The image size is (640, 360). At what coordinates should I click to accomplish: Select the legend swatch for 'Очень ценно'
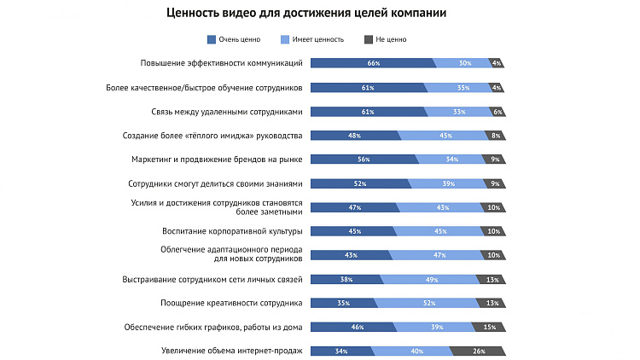(x=212, y=39)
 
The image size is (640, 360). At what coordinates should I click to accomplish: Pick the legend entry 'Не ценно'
(x=390, y=39)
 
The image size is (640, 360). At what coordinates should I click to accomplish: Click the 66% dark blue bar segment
(x=373, y=63)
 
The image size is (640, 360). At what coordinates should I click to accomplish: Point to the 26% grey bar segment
(x=478, y=350)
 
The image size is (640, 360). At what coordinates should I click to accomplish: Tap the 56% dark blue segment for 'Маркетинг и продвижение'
(x=364, y=159)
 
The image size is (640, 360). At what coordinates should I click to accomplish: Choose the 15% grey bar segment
(x=489, y=326)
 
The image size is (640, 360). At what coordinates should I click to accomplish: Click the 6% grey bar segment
(x=497, y=111)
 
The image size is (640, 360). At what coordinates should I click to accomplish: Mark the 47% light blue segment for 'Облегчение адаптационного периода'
(x=439, y=254)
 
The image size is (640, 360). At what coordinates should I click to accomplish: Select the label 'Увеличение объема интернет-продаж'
(x=232, y=350)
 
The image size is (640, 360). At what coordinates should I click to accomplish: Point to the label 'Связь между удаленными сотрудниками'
(x=227, y=111)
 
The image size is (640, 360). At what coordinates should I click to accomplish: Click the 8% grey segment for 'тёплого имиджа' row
(x=496, y=135)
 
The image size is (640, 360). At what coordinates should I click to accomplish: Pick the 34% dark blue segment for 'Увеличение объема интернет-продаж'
(x=341, y=350)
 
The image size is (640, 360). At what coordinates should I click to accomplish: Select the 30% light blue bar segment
(x=465, y=63)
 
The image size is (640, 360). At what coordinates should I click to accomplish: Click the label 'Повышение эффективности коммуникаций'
(x=222, y=63)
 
